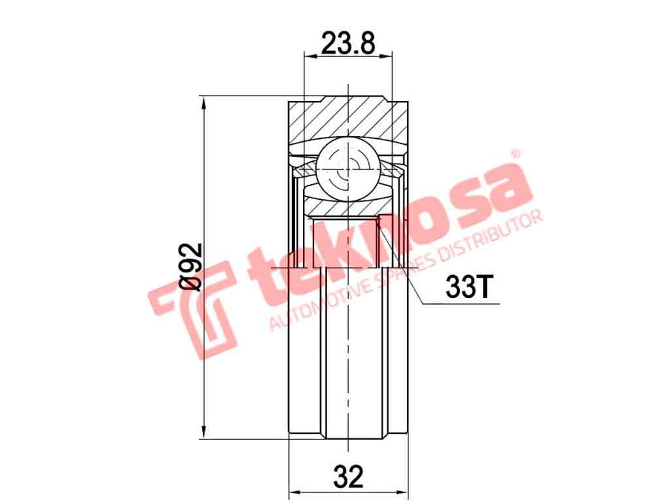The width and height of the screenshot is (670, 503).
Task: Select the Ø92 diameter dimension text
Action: click(x=190, y=267)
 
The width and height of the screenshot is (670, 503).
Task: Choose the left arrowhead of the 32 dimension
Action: click(x=294, y=491)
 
